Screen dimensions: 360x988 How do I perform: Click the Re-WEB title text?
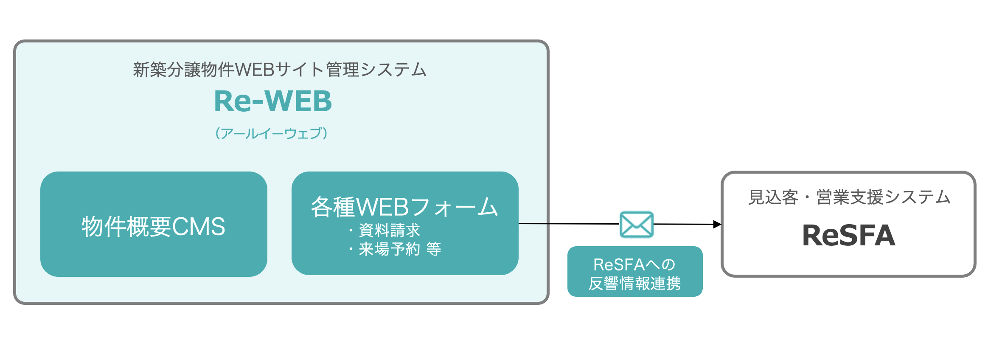click(x=273, y=101)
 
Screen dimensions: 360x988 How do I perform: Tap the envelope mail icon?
click(x=636, y=225)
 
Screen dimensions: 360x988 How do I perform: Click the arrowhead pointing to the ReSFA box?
click(x=717, y=224)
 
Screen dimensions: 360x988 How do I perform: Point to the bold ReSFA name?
click(x=848, y=236)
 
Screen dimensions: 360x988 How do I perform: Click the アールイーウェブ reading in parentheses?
click(x=272, y=133)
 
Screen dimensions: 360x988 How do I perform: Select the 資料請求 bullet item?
click(x=389, y=231)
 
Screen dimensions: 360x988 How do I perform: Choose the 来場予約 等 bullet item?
click(x=399, y=249)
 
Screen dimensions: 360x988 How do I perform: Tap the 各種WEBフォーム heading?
click(x=404, y=207)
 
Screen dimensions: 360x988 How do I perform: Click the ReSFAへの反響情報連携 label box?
click(x=635, y=272)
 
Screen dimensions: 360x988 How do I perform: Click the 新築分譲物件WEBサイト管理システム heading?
click(x=280, y=70)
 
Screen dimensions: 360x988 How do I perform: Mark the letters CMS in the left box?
click(x=198, y=227)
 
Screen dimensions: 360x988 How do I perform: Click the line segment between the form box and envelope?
click(x=569, y=223)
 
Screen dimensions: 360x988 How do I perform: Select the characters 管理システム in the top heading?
click(x=376, y=70)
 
